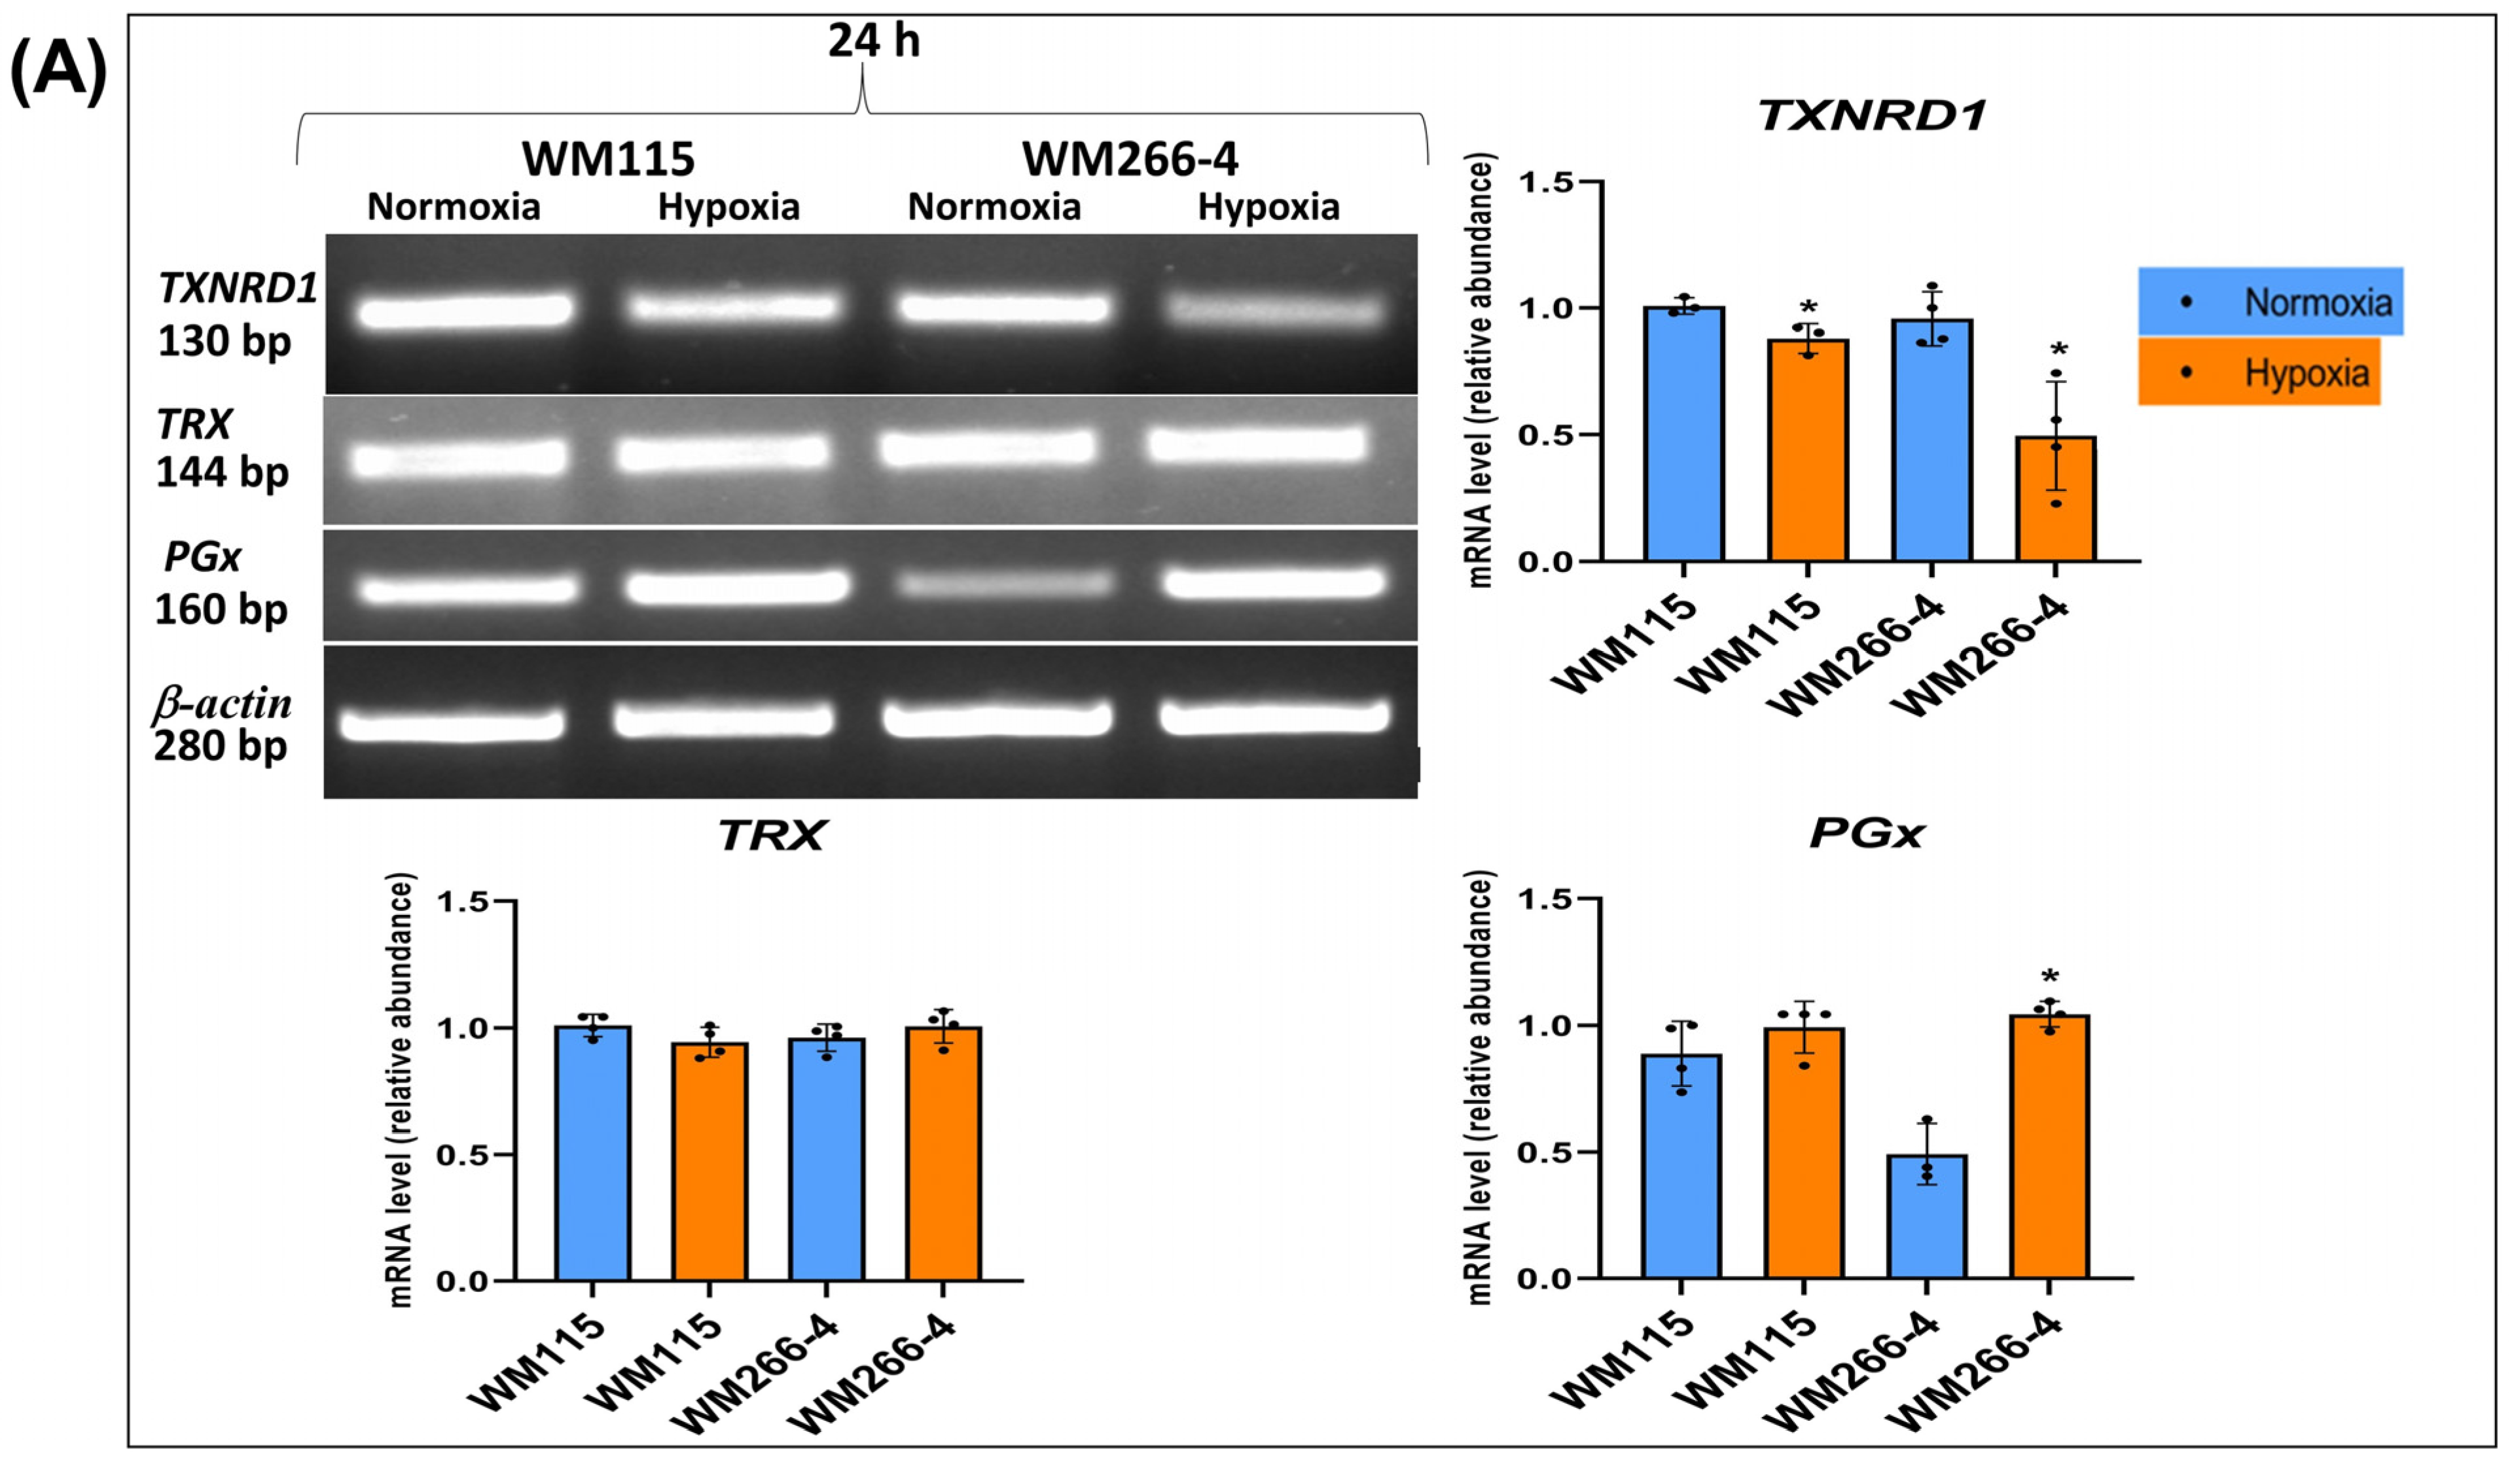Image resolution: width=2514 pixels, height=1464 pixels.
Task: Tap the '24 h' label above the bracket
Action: (x=873, y=42)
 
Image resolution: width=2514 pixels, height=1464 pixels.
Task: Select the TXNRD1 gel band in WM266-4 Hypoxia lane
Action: (x=1276, y=310)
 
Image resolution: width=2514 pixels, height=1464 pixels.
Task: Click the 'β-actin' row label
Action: (x=221, y=704)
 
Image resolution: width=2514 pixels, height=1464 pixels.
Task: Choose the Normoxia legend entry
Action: (x=2270, y=301)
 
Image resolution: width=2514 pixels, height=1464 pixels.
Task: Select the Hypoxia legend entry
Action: (x=2259, y=372)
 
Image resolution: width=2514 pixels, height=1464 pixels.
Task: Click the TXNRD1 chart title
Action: (x=1871, y=116)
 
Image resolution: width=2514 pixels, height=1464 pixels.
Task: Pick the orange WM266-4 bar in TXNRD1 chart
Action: (x=2055, y=499)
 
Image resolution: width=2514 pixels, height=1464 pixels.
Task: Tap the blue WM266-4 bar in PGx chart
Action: (x=1926, y=1217)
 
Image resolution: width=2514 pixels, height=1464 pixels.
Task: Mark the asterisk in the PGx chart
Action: (x=2049, y=977)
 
